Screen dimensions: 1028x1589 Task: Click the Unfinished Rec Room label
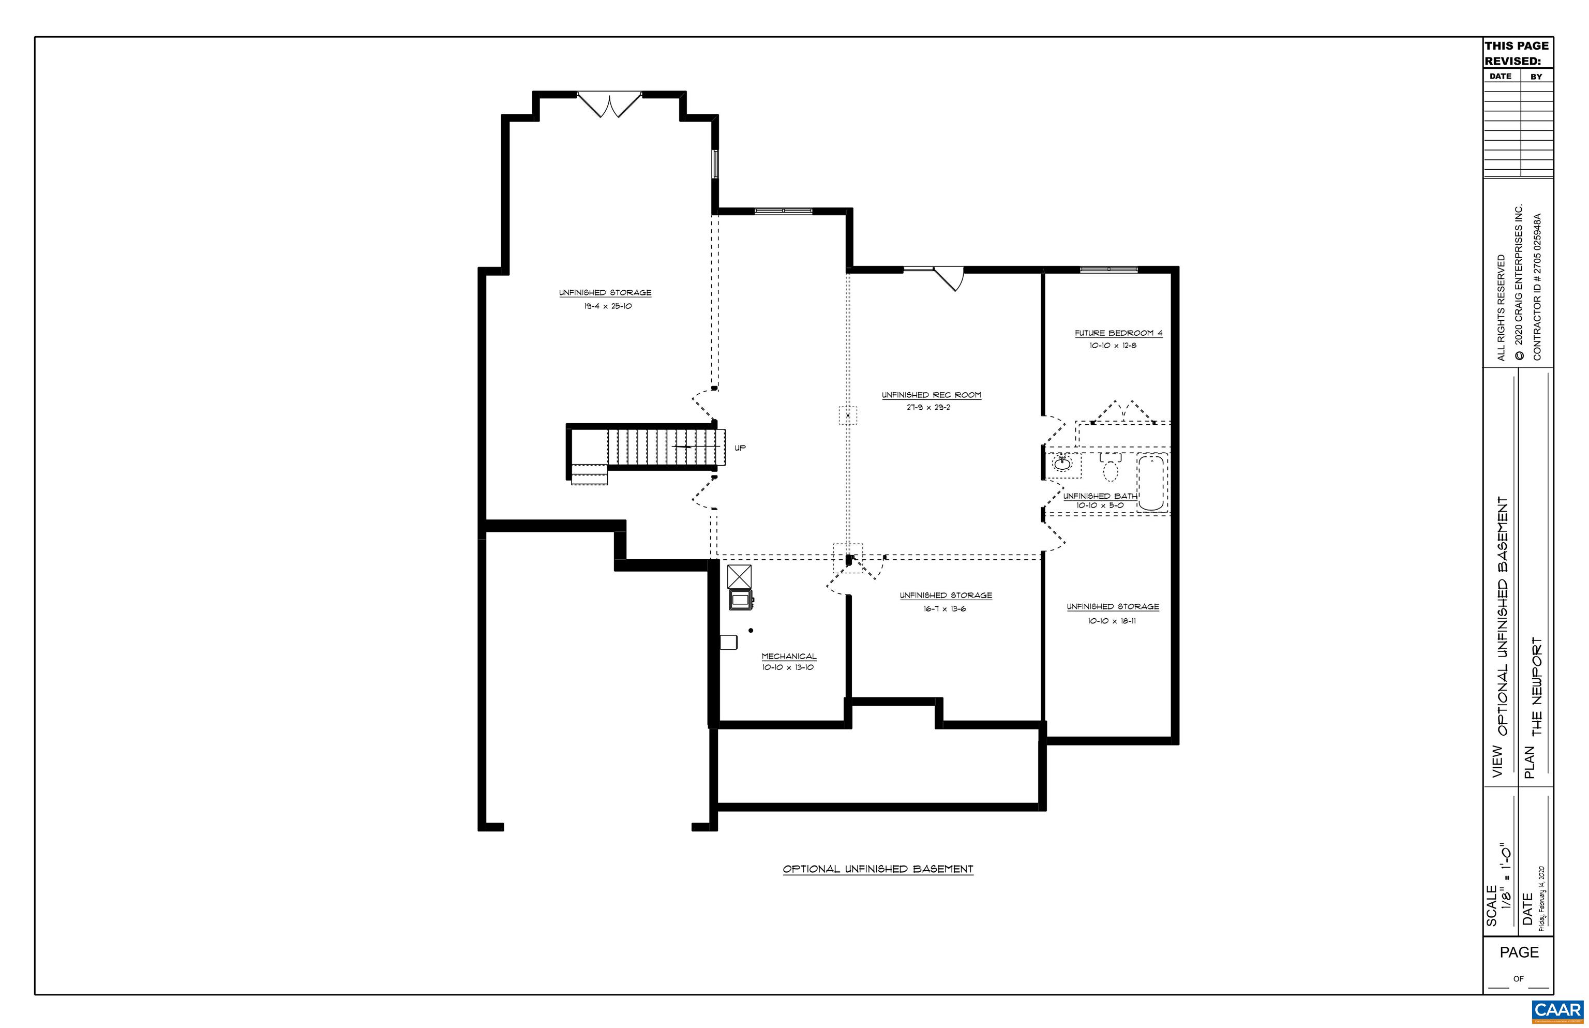click(x=931, y=395)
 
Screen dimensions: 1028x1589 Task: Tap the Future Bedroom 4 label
click(x=1118, y=333)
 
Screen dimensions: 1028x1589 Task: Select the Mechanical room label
click(x=788, y=656)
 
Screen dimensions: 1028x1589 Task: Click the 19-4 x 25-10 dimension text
click(x=607, y=306)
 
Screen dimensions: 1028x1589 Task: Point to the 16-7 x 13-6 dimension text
click(x=945, y=609)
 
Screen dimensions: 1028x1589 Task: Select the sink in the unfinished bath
click(x=1062, y=462)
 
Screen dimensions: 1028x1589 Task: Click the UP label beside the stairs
click(x=740, y=448)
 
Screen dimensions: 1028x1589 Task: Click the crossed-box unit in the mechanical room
click(x=739, y=576)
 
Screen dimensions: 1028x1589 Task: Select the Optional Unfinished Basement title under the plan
click(x=878, y=869)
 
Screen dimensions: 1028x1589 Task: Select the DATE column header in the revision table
click(x=1500, y=76)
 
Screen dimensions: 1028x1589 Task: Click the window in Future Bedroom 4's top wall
click(x=1108, y=269)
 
